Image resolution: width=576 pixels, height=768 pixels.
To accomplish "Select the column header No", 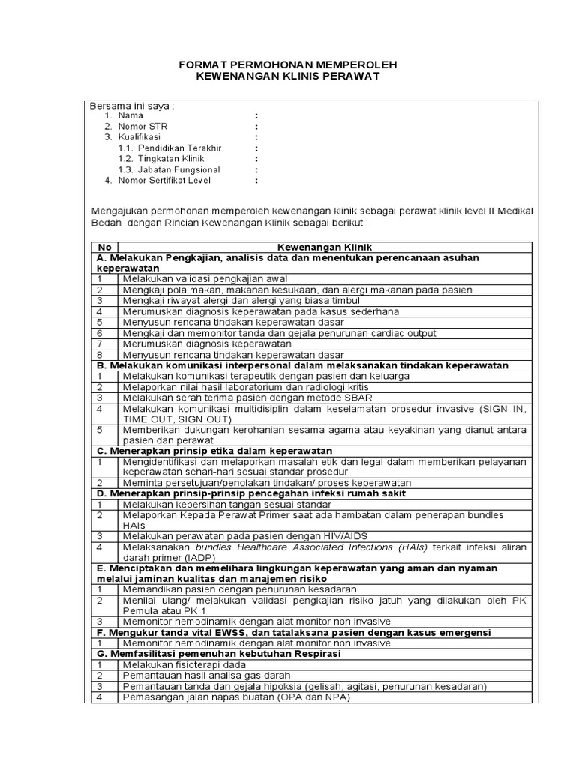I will (104, 247).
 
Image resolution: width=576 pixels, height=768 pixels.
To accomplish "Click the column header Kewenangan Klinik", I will (324, 247).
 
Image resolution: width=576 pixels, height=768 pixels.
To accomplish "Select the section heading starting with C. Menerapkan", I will (214, 450).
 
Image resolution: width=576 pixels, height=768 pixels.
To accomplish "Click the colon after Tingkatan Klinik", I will (256, 159).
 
